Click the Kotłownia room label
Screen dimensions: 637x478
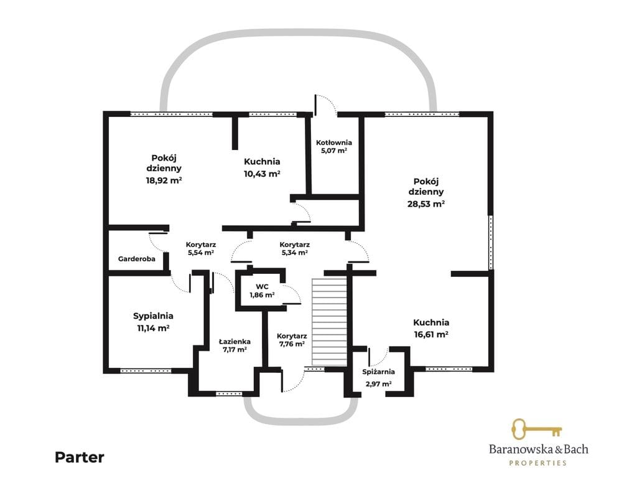pos(334,143)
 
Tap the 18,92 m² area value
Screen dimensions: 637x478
pos(164,180)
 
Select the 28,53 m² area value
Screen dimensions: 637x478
pos(425,204)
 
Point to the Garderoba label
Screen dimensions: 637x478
pos(136,259)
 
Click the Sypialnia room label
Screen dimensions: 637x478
pos(153,316)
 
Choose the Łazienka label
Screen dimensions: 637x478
pos(235,342)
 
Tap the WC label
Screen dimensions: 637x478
pos(262,287)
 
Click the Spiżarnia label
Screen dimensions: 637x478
pos(378,372)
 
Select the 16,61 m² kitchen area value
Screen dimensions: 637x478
pos(431,334)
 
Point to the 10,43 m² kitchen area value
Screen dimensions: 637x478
pos(262,174)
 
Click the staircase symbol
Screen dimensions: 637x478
pos(329,322)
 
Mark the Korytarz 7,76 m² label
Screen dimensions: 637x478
pos(292,340)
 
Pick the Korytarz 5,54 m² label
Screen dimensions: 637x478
pos(201,249)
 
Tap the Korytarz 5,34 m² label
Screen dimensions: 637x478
pos(294,249)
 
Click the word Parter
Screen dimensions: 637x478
pos(80,457)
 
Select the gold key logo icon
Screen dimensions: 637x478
pos(536,429)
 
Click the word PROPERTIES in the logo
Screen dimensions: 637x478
pos(538,463)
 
